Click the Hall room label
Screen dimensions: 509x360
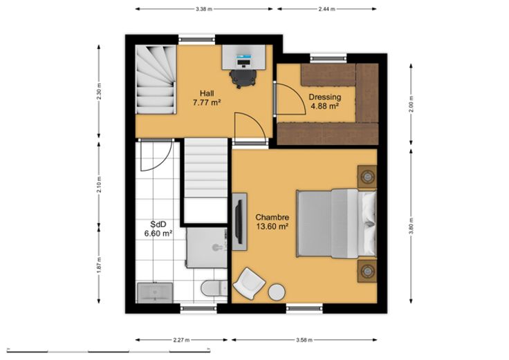click(x=207, y=98)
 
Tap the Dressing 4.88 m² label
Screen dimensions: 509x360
click(x=324, y=101)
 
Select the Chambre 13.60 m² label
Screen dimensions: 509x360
click(x=272, y=222)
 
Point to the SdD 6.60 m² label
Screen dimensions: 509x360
click(x=158, y=229)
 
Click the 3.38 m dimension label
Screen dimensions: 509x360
click(x=204, y=9)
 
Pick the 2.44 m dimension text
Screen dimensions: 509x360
click(x=326, y=9)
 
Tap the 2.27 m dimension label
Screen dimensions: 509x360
click(x=181, y=340)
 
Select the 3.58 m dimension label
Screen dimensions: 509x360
click(x=304, y=340)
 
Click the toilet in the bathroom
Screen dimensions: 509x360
click(x=214, y=287)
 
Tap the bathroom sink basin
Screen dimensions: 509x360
click(x=155, y=293)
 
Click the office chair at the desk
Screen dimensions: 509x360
click(x=243, y=79)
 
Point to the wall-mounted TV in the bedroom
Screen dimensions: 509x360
click(x=239, y=222)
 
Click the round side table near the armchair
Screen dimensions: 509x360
click(x=277, y=292)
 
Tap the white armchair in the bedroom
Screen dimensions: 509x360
click(x=249, y=284)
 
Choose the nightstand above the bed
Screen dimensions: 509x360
click(x=367, y=177)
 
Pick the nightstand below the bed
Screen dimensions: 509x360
click(x=367, y=270)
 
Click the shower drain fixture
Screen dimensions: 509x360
click(x=217, y=248)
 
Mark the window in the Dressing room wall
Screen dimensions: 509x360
click(x=328, y=58)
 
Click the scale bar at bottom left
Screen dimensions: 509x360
click(x=109, y=350)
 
